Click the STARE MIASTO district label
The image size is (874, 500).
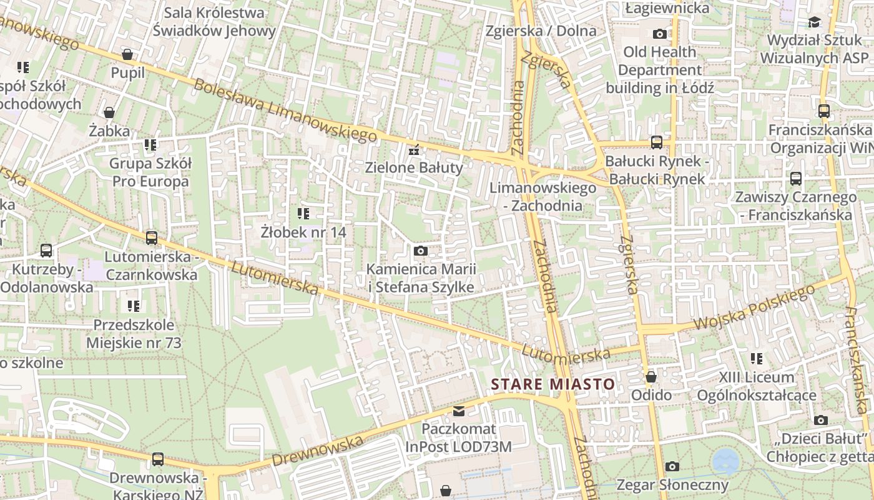tap(553, 384)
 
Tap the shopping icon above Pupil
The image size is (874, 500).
tap(127, 54)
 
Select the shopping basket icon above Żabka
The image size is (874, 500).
tap(109, 112)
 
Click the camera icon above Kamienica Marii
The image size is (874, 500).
tap(421, 251)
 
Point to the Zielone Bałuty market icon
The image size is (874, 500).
tap(413, 150)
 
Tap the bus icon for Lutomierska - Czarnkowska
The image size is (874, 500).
tap(151, 238)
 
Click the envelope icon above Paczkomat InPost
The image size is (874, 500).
tap(459, 411)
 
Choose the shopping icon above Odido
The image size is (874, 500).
tap(651, 377)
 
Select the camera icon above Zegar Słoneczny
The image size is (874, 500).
tap(672, 466)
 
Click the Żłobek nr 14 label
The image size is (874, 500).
tap(303, 232)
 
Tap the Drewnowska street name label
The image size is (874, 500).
tap(317, 451)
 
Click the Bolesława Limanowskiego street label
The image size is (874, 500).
tap(286, 111)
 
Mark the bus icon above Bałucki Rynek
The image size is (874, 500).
tap(656, 142)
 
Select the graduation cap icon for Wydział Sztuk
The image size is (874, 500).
tap(814, 22)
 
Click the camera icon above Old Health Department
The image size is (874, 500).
tap(659, 34)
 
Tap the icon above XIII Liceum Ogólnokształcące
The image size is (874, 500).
tap(757, 359)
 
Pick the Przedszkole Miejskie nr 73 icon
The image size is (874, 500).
tap(134, 306)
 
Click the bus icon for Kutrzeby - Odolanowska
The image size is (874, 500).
tap(46, 251)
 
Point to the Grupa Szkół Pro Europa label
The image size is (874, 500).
tap(150, 172)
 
